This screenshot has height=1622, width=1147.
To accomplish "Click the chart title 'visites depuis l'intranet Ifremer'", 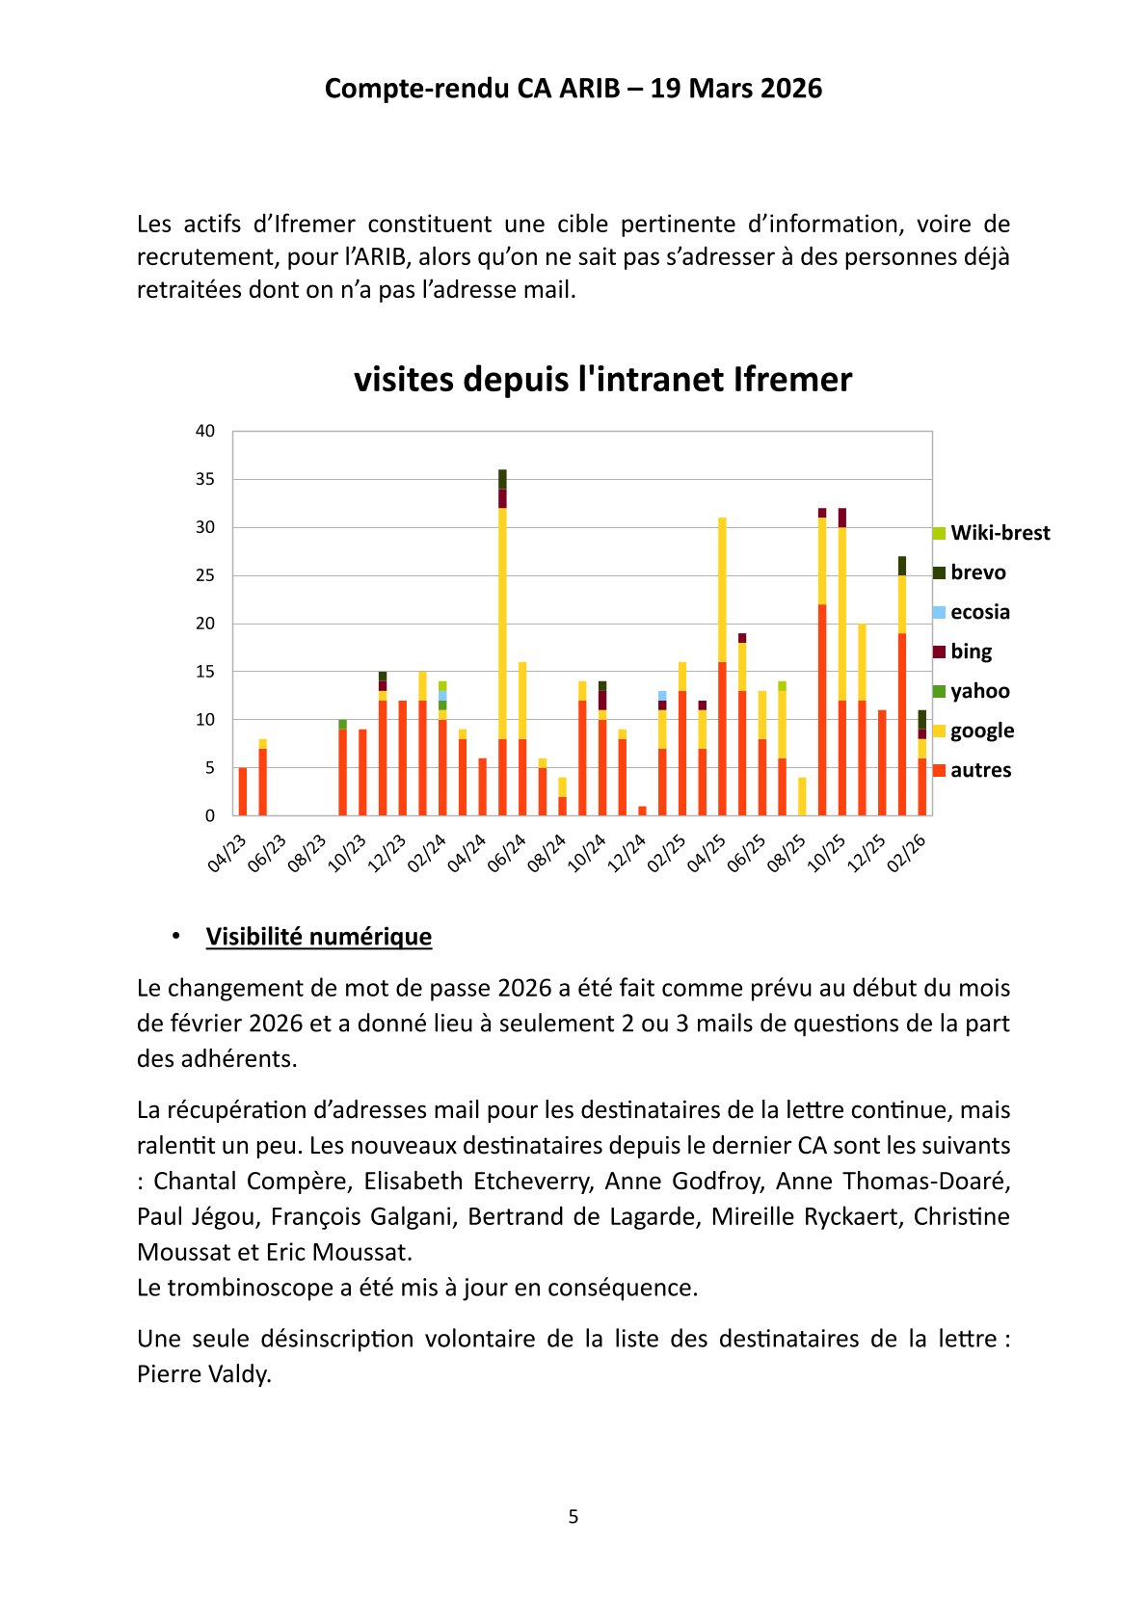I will [x=602, y=380].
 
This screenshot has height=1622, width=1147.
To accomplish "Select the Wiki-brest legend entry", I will [x=991, y=533].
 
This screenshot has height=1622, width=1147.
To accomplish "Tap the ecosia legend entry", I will [x=971, y=612].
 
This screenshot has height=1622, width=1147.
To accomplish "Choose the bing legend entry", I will [x=962, y=651].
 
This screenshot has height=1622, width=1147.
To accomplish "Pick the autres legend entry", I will [x=972, y=770].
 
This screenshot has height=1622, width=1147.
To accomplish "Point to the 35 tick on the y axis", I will [x=205, y=479].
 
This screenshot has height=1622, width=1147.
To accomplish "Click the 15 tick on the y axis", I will [x=205, y=672].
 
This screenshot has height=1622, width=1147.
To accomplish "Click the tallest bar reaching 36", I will [x=502, y=642].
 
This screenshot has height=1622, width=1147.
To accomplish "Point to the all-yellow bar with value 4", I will [x=802, y=796].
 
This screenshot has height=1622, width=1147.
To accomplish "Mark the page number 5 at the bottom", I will [x=573, y=1517].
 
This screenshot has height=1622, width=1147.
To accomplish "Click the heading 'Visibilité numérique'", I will [x=318, y=937].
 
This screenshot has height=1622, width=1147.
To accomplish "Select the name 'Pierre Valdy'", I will [x=203, y=1374].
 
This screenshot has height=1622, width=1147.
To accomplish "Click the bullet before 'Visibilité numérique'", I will [x=176, y=936].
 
